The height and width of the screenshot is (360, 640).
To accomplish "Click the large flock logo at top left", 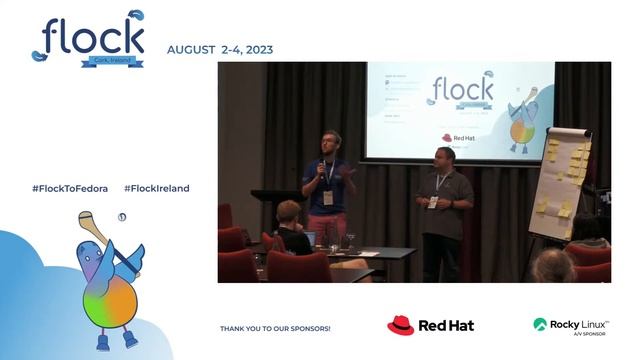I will [88, 37].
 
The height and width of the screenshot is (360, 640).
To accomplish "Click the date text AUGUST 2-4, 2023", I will [219, 50].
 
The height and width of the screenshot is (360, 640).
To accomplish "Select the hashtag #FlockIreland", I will [156, 188].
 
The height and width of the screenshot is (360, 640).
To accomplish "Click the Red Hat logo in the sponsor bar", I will [430, 325].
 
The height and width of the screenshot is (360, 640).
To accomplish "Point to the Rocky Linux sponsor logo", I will [571, 325].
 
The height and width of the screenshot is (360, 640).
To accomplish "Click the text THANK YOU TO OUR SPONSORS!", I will [275, 328].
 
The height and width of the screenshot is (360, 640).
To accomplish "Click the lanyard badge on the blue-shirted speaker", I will [328, 196].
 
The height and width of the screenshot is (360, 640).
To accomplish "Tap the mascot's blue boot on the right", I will [131, 339].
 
